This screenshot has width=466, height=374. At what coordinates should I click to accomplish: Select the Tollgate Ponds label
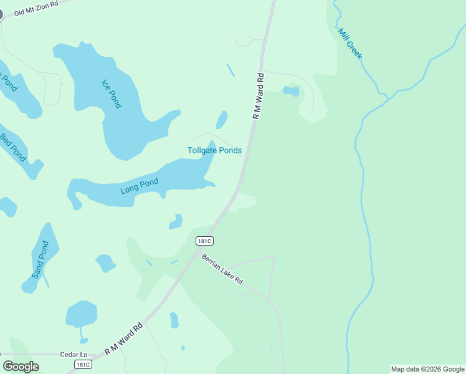[x=214, y=150]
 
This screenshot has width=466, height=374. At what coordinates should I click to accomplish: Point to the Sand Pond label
[x=40, y=260]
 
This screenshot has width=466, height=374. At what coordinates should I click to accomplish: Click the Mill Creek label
[x=349, y=44]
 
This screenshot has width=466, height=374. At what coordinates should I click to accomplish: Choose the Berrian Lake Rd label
[x=222, y=269]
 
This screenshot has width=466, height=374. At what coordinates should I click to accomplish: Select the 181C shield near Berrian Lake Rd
[x=204, y=241]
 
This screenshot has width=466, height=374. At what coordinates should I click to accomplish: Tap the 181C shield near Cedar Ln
[x=83, y=364]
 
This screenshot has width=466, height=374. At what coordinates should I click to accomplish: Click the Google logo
[x=21, y=366]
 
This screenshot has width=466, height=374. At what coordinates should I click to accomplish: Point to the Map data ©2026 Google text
[x=427, y=369]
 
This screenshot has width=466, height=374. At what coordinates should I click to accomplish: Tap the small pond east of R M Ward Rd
[x=291, y=91]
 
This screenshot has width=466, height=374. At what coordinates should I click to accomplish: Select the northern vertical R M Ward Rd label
[x=259, y=96]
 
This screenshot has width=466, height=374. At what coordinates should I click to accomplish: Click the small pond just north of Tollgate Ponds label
[x=221, y=120]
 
